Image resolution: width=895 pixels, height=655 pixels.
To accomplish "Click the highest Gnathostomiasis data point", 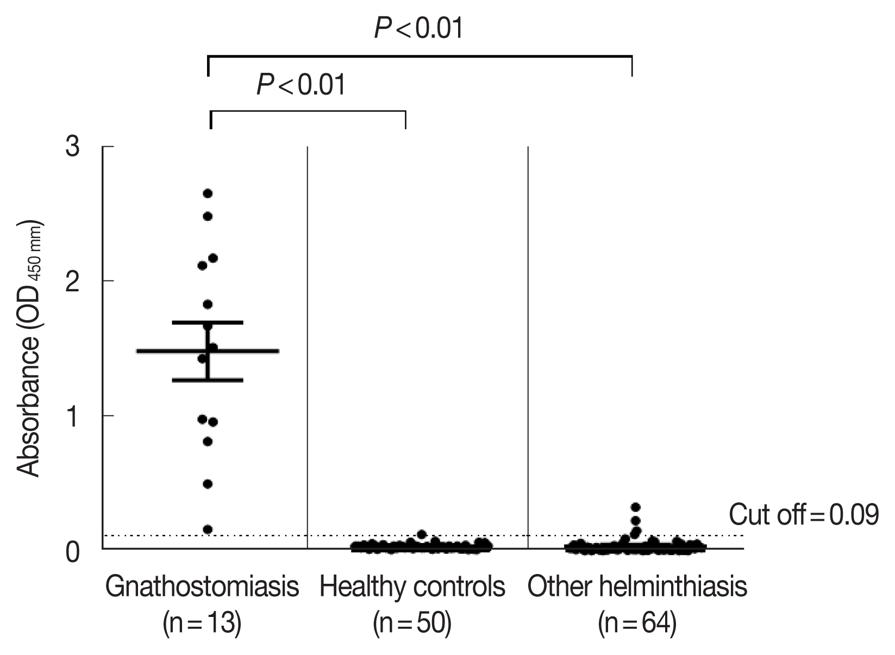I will coord(207,194).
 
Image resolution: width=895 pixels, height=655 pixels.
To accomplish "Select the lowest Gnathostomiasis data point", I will coord(207,529).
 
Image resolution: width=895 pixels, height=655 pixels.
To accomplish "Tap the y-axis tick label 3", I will coord(73,147).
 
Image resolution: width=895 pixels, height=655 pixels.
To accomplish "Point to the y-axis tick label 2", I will coord(73,281).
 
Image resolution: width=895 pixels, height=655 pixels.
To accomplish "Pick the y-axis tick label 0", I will coord(73,551).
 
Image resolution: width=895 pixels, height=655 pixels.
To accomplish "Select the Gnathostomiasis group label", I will coord(202,587).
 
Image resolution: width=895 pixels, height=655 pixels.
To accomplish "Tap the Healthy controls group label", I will coord(412,587).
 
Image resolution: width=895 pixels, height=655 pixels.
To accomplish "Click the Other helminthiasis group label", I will coord(637,587).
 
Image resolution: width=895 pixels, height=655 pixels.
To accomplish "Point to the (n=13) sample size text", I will coord(202,624).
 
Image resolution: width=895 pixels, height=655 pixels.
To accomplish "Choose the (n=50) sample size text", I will coord(412,624).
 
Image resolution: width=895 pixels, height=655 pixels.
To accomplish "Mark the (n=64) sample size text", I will coord(637,624).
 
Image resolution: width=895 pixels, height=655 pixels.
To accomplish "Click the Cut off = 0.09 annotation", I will coord(803,515).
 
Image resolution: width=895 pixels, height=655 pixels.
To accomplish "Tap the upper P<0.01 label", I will coord(418,28).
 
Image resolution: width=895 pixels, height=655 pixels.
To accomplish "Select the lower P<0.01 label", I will coord(301,85).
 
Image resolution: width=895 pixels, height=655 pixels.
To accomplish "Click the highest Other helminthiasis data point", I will coord(636,507).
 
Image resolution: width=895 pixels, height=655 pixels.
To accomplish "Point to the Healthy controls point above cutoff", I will coord(421,534).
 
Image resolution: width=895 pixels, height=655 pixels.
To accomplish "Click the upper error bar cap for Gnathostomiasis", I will coord(207,322).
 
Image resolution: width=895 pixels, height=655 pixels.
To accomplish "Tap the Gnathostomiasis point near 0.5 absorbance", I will coord(207,484).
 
